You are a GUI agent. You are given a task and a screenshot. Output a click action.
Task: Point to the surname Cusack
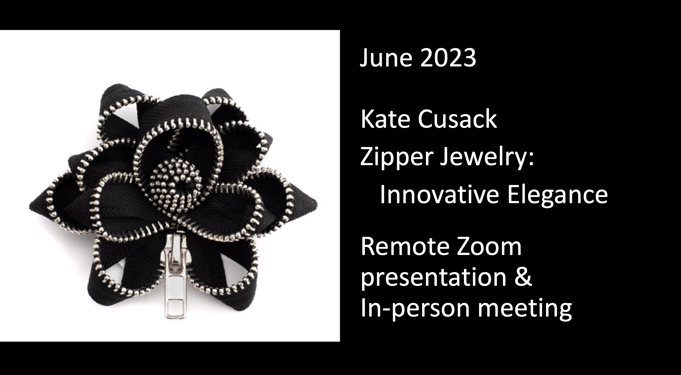457,119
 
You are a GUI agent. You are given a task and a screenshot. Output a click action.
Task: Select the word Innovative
439,194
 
